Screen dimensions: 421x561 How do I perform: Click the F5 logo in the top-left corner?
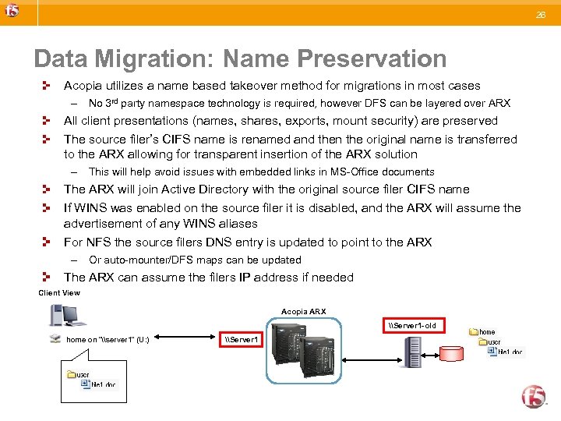pos(12,11)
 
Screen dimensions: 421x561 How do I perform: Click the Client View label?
pos(59,293)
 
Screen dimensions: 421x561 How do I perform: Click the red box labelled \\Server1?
pos(242,340)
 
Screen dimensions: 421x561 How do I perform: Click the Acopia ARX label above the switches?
pos(303,312)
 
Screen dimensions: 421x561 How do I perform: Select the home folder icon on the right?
pos(473,332)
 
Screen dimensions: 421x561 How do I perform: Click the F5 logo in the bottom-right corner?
pos(534,395)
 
